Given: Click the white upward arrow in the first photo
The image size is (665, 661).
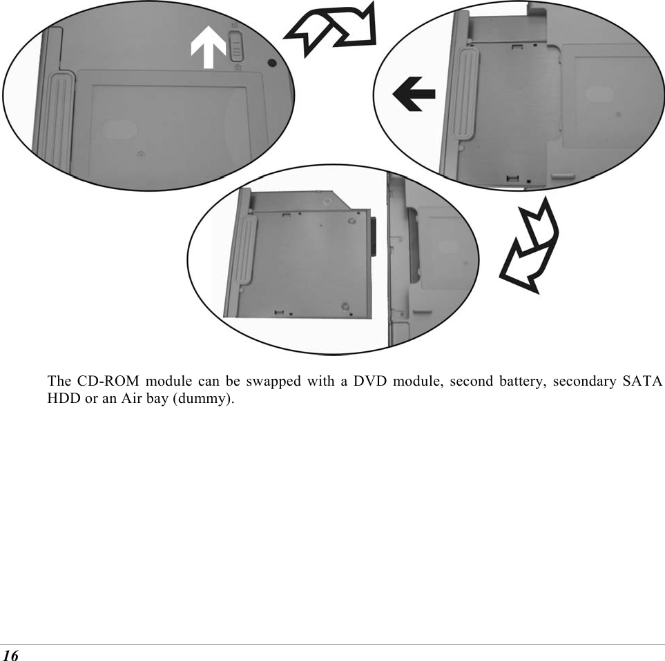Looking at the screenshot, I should click(x=209, y=49).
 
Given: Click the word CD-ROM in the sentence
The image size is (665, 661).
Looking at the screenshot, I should click(x=99, y=381).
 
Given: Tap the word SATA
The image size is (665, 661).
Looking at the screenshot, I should click(x=644, y=381).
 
